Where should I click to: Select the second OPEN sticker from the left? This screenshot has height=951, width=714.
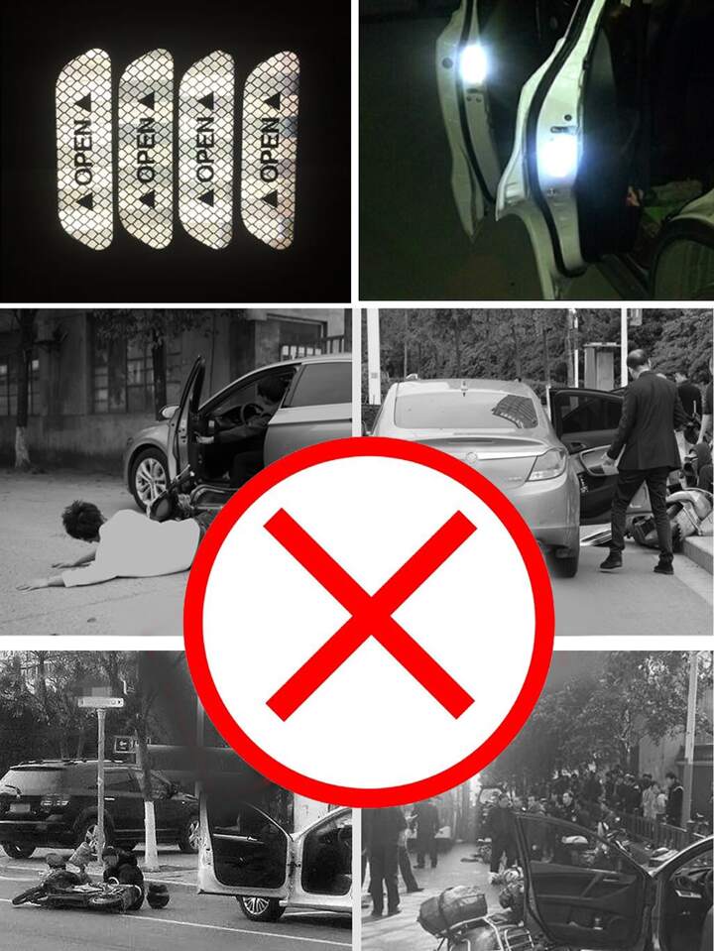click(x=146, y=149)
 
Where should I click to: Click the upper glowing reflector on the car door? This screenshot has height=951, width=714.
click(x=473, y=63)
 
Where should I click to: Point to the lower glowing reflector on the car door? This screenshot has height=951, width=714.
click(x=556, y=156)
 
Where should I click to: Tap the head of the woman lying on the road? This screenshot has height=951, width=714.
click(x=82, y=521)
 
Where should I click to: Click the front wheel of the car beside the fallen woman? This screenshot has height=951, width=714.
click(x=149, y=479)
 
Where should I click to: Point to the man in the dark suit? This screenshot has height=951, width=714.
click(x=645, y=461)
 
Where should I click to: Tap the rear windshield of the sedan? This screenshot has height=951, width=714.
click(x=465, y=410)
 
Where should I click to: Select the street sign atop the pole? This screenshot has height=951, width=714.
click(x=101, y=702)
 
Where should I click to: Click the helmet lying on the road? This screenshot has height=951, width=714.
click(x=158, y=895)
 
